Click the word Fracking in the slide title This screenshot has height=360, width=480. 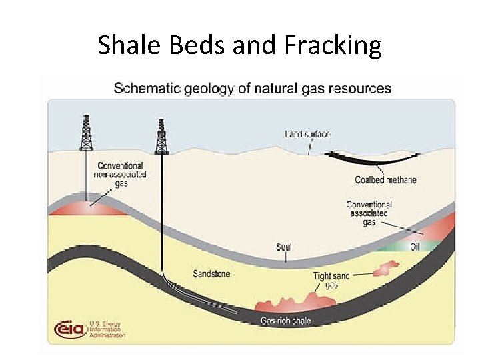[333, 45]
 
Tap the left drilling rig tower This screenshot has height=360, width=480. [85, 133]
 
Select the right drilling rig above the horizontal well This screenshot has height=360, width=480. [161, 137]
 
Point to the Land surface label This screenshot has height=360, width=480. [307, 134]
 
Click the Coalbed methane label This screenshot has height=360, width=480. [385, 180]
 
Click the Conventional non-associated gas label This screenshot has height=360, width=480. [121, 174]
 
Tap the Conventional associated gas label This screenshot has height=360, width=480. [369, 213]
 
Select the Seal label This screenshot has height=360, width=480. [284, 247]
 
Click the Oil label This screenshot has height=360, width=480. [415, 246]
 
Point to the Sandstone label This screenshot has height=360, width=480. [211, 273]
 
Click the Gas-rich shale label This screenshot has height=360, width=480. [285, 321]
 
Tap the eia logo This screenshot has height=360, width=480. [69, 329]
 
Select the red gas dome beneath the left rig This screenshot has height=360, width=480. [87, 208]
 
